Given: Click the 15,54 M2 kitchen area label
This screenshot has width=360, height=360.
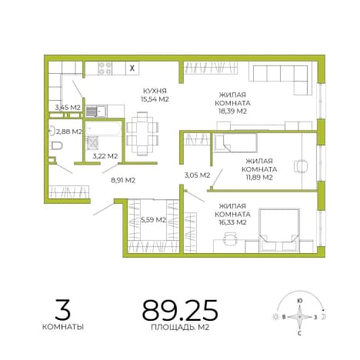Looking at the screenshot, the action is point(155,99).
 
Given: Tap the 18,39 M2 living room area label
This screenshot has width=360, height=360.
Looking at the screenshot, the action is point(232,112).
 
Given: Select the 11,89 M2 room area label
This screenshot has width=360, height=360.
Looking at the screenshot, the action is point(259,178).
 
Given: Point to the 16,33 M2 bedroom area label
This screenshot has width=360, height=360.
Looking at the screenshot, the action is point(232,222).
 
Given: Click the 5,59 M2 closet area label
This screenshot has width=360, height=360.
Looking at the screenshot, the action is point(153,220).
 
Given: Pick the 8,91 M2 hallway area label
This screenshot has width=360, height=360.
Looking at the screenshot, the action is point(123,180).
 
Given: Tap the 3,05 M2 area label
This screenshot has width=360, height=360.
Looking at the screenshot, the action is point(197,175).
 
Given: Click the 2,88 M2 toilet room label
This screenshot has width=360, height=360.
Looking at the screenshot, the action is point(68,132).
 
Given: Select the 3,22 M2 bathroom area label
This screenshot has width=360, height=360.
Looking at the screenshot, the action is point(105,155).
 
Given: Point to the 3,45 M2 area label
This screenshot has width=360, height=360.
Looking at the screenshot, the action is point(68,108).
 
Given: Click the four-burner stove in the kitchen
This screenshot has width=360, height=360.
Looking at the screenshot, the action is point(105,68).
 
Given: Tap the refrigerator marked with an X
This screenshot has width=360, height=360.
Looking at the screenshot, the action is point(132,68).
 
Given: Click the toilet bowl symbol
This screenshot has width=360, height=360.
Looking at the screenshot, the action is point(57,146).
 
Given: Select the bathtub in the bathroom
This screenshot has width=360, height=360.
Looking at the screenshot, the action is point(104,128).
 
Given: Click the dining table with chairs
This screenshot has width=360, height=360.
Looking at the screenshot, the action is point(142,134).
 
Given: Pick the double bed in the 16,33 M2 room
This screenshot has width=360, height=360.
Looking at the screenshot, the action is point(279,230).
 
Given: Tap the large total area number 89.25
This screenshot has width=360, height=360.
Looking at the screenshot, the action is point(180,310).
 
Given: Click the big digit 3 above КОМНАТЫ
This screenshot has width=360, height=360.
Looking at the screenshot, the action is point(62,310).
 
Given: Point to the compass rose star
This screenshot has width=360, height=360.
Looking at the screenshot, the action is point(299,317).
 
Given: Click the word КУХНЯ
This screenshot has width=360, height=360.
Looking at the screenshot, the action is point(155,91).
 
